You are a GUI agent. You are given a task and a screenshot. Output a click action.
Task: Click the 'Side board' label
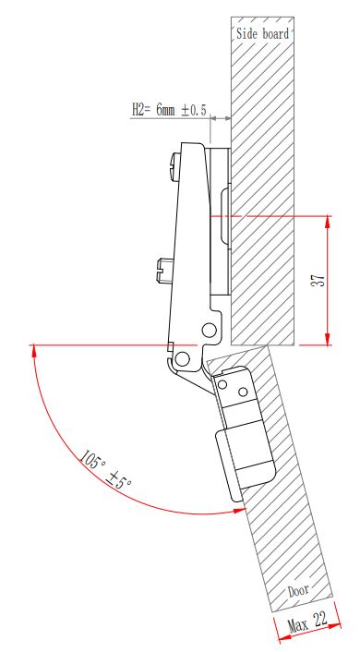(x=262, y=33)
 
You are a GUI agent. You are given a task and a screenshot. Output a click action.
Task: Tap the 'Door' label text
(x=298, y=590)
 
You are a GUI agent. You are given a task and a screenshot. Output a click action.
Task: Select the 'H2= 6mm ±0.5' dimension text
(x=169, y=110)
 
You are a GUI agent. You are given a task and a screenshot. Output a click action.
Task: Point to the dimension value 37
(x=318, y=280)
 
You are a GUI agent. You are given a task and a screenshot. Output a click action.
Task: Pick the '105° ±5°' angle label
(x=105, y=468)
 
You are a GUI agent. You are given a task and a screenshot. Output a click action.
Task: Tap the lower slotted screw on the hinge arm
(x=162, y=271)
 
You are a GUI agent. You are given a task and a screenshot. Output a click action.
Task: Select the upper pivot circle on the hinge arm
(x=210, y=331)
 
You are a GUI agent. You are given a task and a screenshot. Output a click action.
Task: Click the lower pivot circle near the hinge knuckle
(x=182, y=358)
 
